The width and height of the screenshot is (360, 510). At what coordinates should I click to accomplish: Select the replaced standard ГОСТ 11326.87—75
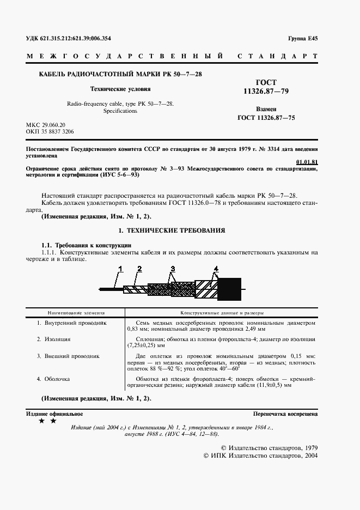(x=266, y=117)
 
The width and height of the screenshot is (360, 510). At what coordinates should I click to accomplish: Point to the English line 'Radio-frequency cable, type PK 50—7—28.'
(x=120, y=103)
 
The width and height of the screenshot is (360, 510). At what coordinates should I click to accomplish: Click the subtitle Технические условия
(x=120, y=88)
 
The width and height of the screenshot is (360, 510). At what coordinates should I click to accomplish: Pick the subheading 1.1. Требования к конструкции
(x=87, y=245)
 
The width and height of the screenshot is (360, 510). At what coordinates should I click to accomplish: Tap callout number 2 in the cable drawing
(x=139, y=269)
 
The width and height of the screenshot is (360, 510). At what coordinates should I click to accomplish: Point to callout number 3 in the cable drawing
(x=173, y=269)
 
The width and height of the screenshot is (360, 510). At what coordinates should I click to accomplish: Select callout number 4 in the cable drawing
(x=216, y=269)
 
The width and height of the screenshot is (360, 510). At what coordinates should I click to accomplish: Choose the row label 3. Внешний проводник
(x=68, y=356)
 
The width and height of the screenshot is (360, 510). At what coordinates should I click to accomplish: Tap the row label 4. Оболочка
(x=53, y=378)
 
